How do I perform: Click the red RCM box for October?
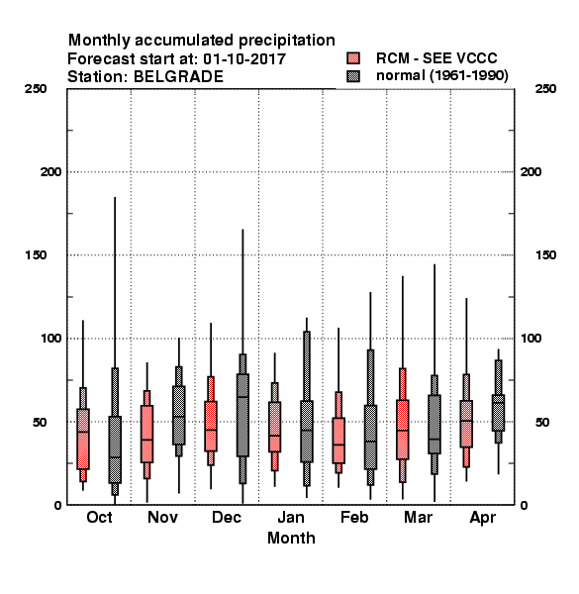click(x=83, y=439)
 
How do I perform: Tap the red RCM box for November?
click(x=146, y=434)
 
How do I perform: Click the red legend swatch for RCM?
click(x=353, y=58)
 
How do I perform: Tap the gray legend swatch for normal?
click(x=353, y=76)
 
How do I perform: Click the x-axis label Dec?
click(x=227, y=517)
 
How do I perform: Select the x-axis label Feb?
click(x=354, y=517)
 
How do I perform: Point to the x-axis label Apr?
click(x=482, y=518)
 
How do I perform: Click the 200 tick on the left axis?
click(x=51, y=172)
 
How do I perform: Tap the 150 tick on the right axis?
click(x=546, y=255)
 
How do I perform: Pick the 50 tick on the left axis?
click(x=40, y=422)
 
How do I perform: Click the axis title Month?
click(x=291, y=538)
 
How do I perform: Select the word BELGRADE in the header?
click(x=178, y=77)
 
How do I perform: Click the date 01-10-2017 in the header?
click(x=244, y=59)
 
